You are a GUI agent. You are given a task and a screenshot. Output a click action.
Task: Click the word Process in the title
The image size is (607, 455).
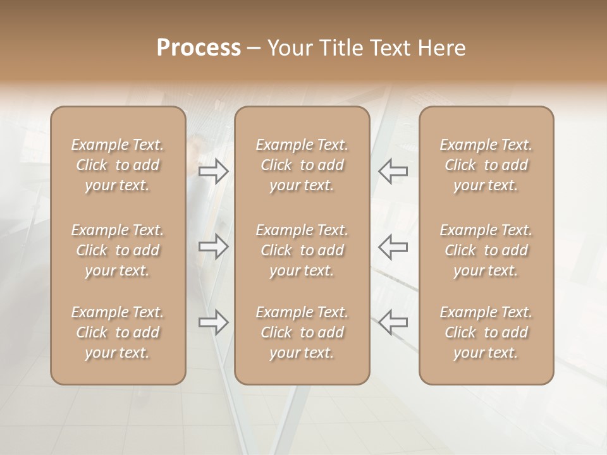point(199,48)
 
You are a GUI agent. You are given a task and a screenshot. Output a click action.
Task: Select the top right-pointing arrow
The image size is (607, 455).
point(214,171)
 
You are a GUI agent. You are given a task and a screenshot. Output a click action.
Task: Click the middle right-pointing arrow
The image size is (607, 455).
point(214,246)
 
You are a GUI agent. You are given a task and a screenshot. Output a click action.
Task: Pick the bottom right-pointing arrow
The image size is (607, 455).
point(214,322)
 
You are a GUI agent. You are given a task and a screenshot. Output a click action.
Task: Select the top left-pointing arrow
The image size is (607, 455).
point(393,171)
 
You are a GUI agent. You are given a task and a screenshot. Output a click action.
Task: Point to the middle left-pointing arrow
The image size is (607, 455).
point(393,246)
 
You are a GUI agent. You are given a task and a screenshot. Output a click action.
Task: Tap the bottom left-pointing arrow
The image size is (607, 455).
point(393,322)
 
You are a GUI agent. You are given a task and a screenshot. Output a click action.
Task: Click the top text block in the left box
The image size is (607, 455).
point(118,165)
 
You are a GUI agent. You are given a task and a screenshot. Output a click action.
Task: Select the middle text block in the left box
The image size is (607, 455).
point(118,250)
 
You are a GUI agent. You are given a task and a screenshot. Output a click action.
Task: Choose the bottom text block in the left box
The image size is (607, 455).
point(118,332)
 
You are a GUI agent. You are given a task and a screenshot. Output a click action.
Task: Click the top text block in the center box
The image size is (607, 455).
point(302,165)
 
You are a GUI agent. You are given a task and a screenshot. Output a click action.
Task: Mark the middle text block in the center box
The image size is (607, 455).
point(302,250)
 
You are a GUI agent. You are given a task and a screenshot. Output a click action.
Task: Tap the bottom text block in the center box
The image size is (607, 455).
point(302,332)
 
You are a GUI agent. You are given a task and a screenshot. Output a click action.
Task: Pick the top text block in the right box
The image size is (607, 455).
point(486,165)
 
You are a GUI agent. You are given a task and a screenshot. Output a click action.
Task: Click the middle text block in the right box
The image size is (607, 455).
point(486,250)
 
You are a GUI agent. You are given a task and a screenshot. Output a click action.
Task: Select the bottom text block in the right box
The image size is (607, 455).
point(486,332)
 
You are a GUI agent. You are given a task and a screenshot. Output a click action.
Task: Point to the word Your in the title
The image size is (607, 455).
point(289,48)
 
